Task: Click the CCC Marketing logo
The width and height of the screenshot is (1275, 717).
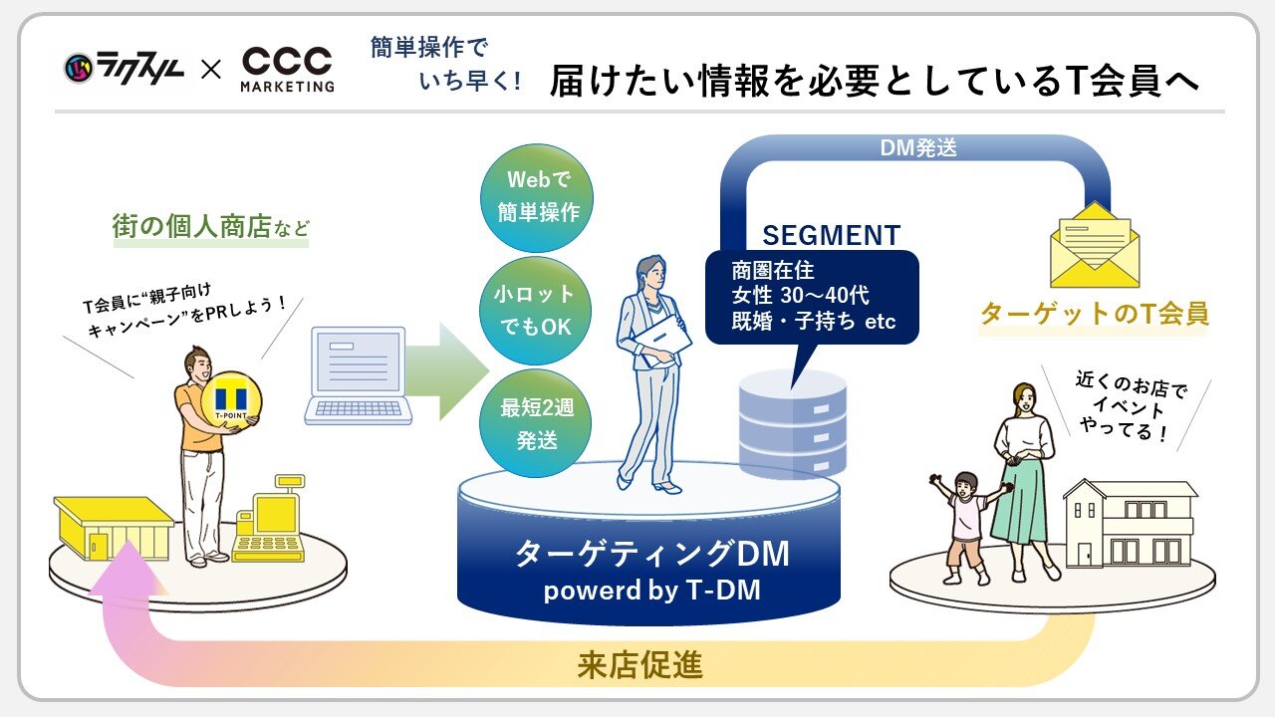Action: [288, 70]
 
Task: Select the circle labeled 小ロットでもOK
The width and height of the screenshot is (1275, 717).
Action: [536, 311]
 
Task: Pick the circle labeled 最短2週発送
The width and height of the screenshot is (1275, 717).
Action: [536, 423]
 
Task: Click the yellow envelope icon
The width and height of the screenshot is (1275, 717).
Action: [1095, 244]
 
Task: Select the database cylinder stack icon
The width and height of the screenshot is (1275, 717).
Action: [792, 423]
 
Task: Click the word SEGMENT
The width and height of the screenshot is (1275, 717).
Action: [831, 236]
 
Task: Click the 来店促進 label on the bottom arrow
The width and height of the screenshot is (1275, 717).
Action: [639, 665]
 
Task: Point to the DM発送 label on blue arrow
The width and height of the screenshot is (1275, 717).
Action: [917, 148]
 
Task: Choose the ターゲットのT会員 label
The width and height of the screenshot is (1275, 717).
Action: [1094, 314]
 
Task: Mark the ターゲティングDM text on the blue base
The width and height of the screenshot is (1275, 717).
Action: [651, 554]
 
